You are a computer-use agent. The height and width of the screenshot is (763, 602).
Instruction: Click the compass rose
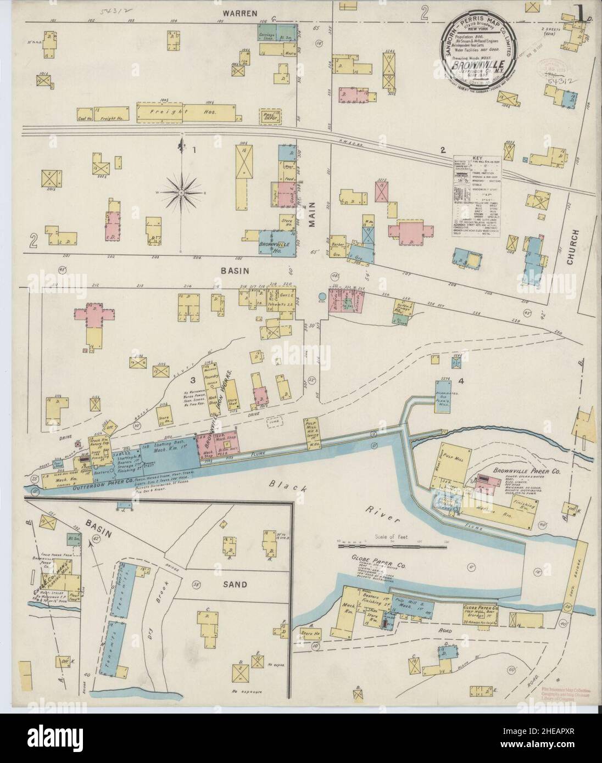tap(182, 192)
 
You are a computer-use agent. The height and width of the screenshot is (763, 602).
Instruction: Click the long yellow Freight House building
tap(170, 113)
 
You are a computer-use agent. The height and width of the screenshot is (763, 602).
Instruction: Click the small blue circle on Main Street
tap(321, 297)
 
